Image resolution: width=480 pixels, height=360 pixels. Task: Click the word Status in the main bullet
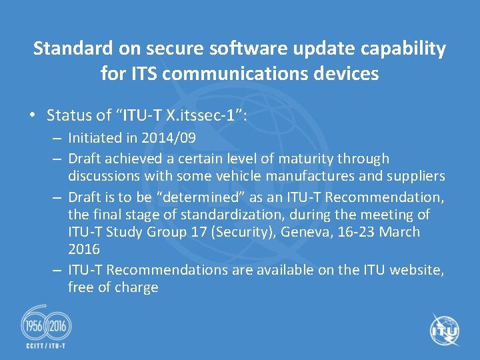(69, 115)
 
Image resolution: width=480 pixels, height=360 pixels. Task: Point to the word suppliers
(414, 176)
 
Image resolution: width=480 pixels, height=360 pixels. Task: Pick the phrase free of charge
(113, 287)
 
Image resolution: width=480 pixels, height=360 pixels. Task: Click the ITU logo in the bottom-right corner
(444, 329)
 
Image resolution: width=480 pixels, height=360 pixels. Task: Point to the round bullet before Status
(33, 115)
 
